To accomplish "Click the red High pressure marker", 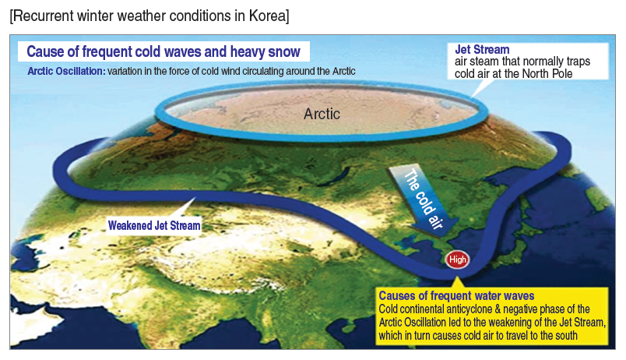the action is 457,259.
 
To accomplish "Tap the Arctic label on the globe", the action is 322,114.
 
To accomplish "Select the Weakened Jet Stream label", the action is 154,225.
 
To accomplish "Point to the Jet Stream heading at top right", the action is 482,50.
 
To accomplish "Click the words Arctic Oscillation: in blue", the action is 66,71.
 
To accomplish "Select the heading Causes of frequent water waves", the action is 456,295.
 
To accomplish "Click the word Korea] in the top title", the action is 269,16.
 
